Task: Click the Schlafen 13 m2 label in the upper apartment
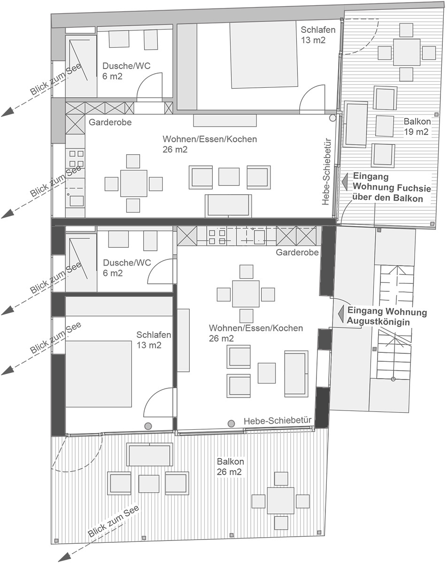(318, 35)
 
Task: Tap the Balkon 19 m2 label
(417, 127)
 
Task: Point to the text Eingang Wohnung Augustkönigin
(387, 317)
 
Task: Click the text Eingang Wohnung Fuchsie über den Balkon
(392, 187)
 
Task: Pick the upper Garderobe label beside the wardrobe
(110, 122)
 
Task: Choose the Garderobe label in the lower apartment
(297, 252)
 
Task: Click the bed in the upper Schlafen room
(263, 55)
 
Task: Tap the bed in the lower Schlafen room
(99, 374)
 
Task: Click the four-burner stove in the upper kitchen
(76, 159)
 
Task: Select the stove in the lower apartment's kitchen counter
(217, 237)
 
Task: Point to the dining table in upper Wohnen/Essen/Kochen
(133, 183)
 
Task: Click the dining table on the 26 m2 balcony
(280, 501)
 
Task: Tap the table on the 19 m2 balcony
(407, 52)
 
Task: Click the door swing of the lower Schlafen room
(158, 402)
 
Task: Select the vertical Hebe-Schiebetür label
(326, 171)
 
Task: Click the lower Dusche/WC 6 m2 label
(127, 267)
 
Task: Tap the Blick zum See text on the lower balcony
(113, 522)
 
